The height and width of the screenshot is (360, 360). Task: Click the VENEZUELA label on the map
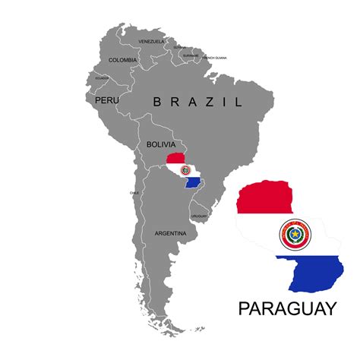click(151, 41)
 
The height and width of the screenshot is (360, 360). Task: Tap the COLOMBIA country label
click(123, 60)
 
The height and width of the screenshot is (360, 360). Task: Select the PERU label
click(107, 99)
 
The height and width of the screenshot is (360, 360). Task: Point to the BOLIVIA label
click(161, 144)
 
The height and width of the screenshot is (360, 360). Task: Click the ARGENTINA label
click(170, 233)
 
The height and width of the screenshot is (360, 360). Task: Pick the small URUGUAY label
click(199, 216)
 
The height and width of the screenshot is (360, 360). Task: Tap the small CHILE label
click(134, 193)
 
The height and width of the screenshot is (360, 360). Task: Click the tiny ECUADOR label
click(101, 77)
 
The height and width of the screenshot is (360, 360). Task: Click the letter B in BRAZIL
click(156, 102)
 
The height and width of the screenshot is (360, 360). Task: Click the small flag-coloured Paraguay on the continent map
click(184, 171)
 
